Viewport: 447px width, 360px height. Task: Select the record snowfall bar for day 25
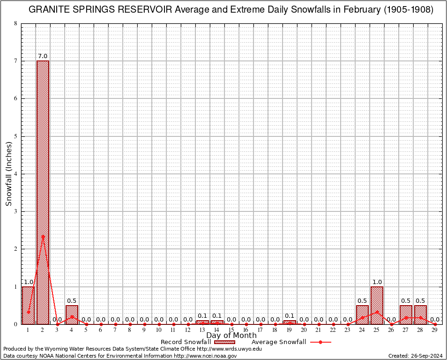point(377,305)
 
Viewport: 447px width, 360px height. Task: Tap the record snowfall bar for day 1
point(28,305)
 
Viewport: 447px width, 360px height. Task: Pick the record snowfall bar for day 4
point(72,315)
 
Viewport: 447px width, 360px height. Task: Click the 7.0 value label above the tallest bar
point(43,56)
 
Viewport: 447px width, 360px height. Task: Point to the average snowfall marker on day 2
point(43,236)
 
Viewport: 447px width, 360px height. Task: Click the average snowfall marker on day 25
point(377,311)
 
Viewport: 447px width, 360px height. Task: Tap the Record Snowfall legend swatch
point(224,342)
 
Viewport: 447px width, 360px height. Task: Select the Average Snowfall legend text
point(279,342)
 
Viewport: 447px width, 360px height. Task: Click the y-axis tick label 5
point(15,136)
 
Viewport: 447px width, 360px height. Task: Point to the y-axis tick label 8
point(15,23)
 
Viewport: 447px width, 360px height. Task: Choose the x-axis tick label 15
point(231,330)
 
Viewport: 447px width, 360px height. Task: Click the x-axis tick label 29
point(435,330)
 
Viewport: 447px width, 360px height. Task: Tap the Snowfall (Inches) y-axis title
point(8,174)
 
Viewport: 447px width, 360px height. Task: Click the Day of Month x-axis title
point(231,336)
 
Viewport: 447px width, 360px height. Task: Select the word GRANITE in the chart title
point(50,10)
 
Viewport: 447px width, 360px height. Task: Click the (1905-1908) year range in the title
point(408,10)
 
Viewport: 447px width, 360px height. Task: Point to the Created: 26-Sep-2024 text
point(416,356)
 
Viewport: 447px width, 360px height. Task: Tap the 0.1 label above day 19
point(290,316)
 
